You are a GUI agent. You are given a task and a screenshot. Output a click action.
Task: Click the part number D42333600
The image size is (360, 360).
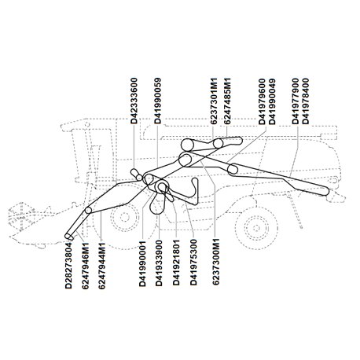[x=134, y=101]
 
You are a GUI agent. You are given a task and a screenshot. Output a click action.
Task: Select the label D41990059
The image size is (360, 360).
[x=158, y=101]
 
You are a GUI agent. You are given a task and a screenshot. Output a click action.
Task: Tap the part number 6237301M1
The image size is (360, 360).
[x=214, y=101]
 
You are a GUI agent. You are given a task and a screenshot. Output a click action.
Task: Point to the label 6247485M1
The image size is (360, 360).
[x=227, y=101]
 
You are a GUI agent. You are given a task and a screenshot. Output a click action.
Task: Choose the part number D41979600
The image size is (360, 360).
[x=262, y=101]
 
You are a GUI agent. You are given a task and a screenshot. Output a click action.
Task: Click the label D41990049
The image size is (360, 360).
[x=272, y=101]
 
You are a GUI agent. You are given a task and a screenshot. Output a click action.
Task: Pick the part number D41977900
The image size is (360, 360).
[x=296, y=101]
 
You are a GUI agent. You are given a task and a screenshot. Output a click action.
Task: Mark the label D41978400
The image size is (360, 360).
[x=306, y=101]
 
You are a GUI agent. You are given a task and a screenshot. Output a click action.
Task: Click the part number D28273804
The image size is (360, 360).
[x=68, y=266]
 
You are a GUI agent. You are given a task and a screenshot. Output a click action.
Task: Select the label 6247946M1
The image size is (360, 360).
[x=85, y=266]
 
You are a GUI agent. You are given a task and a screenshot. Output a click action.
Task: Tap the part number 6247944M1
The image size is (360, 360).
[x=101, y=266]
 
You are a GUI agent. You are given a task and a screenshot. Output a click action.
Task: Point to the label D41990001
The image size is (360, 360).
[x=142, y=263]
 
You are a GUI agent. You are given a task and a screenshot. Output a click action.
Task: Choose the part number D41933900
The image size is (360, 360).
[x=159, y=263]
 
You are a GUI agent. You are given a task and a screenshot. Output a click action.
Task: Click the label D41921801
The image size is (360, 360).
[x=176, y=263]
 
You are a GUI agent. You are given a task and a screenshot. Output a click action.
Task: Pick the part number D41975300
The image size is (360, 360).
[x=193, y=263]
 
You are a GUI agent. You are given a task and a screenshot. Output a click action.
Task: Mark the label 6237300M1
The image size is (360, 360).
[x=215, y=261]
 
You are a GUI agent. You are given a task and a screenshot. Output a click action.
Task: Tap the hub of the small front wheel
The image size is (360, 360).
[x=124, y=217]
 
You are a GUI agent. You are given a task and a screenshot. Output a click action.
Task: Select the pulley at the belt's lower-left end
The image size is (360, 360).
[x=68, y=236]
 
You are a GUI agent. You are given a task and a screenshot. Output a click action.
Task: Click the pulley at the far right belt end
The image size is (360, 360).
[x=325, y=192]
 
